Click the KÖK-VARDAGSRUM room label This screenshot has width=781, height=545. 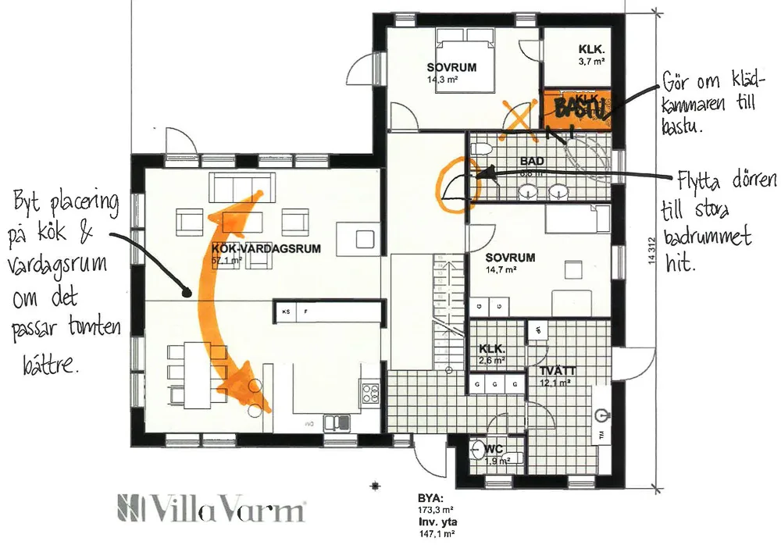[255, 249]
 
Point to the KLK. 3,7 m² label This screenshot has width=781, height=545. [592, 48]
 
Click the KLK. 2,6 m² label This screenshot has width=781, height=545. [492, 350]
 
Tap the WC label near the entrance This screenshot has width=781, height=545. [494, 450]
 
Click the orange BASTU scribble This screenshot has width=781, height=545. [580, 107]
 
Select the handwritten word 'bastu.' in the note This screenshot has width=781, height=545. [683, 125]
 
